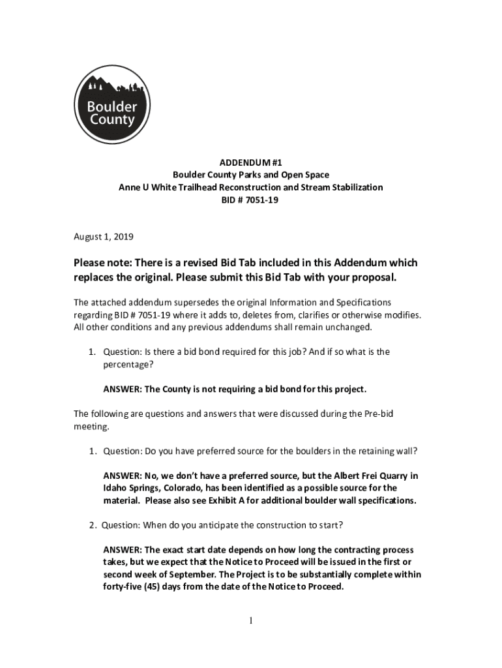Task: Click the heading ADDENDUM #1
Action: (250, 162)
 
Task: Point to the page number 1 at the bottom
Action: (250, 620)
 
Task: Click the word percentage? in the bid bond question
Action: (126, 365)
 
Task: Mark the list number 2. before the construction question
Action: (94, 525)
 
